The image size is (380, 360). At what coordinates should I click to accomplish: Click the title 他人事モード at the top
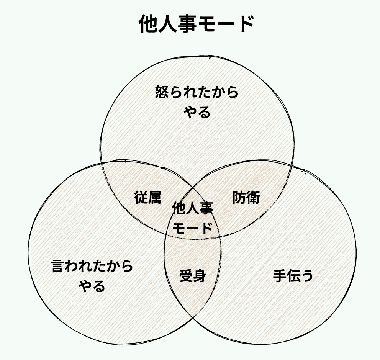pyautogui.click(x=196, y=25)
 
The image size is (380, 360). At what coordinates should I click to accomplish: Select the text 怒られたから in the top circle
pyautogui.click(x=197, y=93)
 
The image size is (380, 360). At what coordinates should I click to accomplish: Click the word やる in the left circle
pyautogui.click(x=92, y=286)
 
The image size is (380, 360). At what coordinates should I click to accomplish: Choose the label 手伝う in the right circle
pyautogui.click(x=293, y=276)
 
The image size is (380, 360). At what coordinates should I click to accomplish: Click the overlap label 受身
pyautogui.click(x=193, y=276)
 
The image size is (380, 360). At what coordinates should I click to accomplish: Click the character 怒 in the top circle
pyautogui.click(x=162, y=93)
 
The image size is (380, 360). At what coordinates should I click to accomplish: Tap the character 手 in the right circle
pyautogui.click(x=280, y=276)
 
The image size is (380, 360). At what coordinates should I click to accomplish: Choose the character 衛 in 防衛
pyautogui.click(x=253, y=197)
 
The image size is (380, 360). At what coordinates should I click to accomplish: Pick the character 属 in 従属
pyautogui.click(x=155, y=197)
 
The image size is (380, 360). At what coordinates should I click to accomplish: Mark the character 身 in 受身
pyautogui.click(x=200, y=276)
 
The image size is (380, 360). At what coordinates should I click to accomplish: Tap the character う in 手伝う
pyautogui.click(x=306, y=276)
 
